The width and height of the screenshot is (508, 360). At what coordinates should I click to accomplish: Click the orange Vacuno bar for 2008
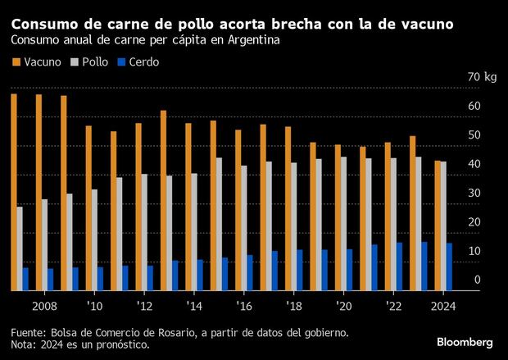tap(39, 193)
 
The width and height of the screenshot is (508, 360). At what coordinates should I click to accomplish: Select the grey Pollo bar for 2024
tap(443, 226)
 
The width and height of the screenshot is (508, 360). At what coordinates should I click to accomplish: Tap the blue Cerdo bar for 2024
tap(449, 267)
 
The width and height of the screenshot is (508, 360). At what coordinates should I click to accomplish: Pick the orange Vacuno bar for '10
tap(88, 208)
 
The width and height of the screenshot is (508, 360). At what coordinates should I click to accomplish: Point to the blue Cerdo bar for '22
tap(400, 267)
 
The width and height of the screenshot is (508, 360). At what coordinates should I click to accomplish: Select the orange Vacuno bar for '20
tap(338, 217)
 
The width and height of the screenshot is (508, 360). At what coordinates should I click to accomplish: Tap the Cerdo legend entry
tap(142, 62)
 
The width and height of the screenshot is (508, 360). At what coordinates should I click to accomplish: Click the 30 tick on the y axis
tap(475, 193)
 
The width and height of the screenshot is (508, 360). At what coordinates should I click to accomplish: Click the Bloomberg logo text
tap(464, 341)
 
